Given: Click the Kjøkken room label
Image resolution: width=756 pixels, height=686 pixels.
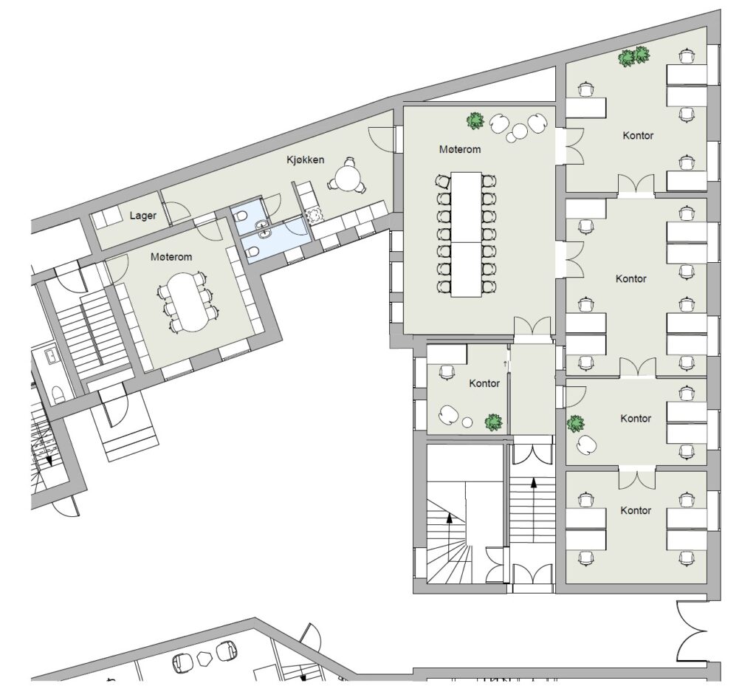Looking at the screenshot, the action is point(305,160).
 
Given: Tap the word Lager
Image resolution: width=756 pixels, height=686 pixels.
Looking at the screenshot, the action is point(142,216).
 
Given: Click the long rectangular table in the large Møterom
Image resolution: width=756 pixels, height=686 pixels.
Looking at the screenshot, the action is point(467,234).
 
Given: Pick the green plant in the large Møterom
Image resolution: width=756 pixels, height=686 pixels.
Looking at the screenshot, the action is point(475,120).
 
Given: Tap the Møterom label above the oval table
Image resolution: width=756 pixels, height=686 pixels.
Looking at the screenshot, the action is point(171,257).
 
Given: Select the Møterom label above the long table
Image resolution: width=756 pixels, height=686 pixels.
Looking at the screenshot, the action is point(459,149).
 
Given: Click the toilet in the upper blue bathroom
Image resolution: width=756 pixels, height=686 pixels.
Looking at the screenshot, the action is point(241,217).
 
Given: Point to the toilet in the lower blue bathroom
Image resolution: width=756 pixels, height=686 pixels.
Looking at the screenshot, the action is point(252,252).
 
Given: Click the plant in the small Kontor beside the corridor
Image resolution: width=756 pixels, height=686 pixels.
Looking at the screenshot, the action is point(493,422).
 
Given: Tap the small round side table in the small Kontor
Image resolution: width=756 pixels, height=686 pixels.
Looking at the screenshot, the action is point(467,422).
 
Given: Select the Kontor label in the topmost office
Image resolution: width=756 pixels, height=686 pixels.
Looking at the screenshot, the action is point(638,135).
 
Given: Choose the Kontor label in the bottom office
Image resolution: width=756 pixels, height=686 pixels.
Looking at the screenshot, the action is point(636,510).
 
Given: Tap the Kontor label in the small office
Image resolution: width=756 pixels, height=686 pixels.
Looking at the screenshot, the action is point(484,383).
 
